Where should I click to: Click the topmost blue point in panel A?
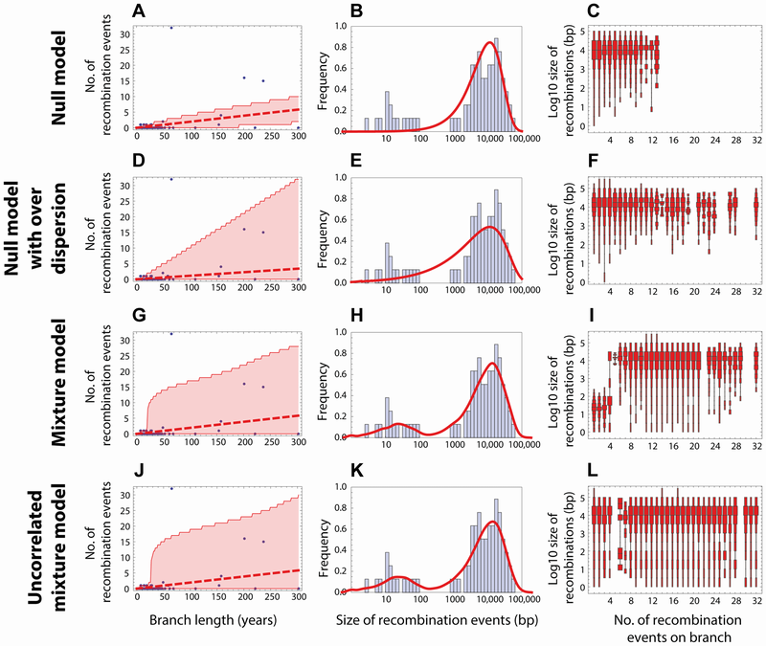tap(171, 28)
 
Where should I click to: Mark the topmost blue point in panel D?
tap(171, 179)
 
